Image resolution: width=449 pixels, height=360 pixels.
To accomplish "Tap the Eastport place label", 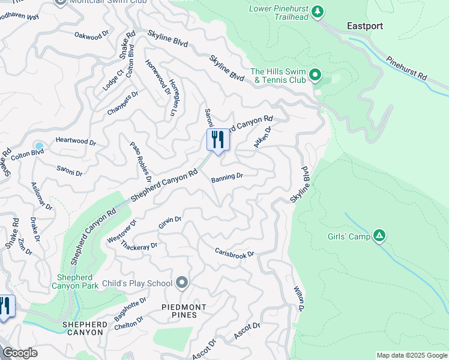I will coord(365,26).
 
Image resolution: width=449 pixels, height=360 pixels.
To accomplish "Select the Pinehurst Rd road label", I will coord(406,68).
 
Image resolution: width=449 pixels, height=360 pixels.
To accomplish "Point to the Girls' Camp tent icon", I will coord(379,236).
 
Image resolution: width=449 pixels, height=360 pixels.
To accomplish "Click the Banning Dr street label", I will coord(227,177).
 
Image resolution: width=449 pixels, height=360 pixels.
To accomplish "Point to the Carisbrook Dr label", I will coord(235,252).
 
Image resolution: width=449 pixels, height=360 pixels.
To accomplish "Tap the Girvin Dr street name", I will coord(170,223).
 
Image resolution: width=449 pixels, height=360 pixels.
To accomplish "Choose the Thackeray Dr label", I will coord(139,246).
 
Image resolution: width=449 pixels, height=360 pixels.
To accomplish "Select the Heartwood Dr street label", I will coord(76,142).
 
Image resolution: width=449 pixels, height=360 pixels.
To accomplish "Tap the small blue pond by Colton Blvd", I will coord(39,146).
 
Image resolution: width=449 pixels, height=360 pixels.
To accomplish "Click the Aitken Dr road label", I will coord(263,137).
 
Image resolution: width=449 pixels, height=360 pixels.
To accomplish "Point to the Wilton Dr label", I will coord(298,298).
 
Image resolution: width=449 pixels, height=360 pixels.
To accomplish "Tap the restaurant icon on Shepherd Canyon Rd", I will coord(217,140).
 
